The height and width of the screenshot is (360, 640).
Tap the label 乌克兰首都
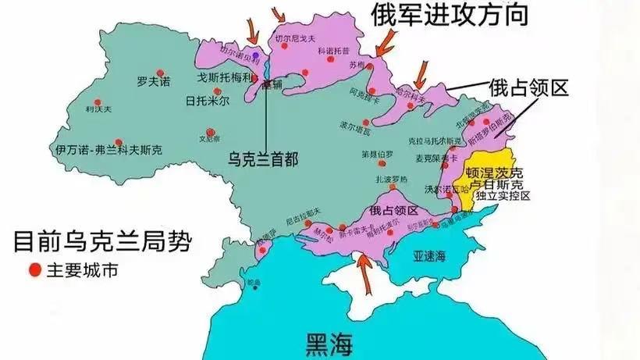(262, 158)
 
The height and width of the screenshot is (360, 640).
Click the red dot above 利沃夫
(98, 101)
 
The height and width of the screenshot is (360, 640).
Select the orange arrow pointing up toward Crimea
(362, 269)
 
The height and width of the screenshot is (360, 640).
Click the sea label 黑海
(329, 341)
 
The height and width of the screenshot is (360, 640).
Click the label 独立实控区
(509, 196)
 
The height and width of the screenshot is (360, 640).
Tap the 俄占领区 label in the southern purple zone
(394, 211)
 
